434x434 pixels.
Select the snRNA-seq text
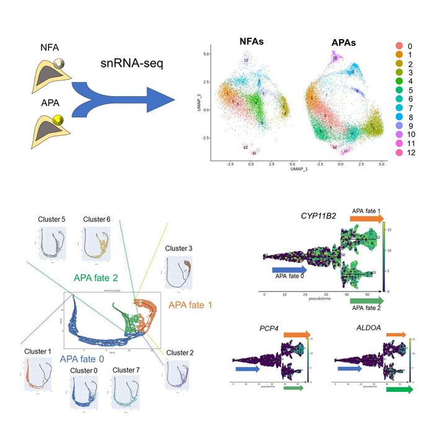tap(131, 64)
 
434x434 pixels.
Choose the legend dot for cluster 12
tap(399, 153)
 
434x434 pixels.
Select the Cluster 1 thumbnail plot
tap(38, 378)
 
